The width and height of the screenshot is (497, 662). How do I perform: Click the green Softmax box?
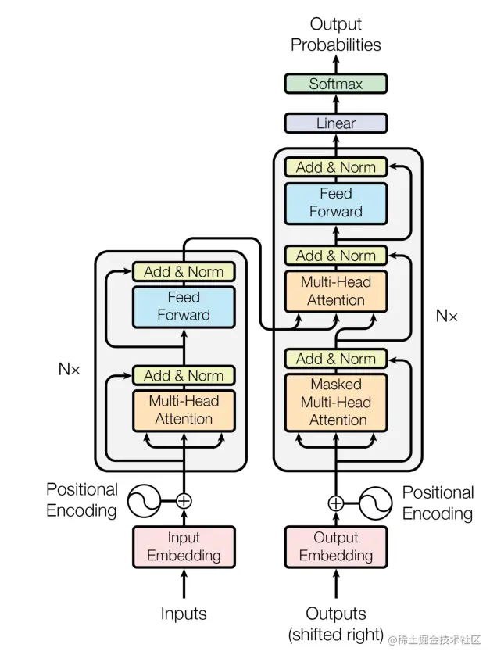pyautogui.click(x=335, y=84)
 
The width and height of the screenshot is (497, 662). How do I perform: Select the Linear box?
pyautogui.click(x=335, y=123)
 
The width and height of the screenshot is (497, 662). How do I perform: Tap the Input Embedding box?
pyautogui.click(x=184, y=547)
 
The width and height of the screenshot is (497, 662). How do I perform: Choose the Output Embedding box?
pyautogui.click(x=335, y=547)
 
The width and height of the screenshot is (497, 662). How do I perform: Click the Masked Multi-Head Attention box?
pyautogui.click(x=335, y=403)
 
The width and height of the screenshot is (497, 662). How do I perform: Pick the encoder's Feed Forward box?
pyautogui.click(x=184, y=306)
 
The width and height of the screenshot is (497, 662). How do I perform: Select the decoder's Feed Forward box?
pyautogui.click(x=335, y=202)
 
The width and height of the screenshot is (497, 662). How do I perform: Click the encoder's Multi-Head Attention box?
pyautogui.click(x=184, y=410)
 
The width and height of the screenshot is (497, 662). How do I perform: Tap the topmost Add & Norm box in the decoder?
pyautogui.click(x=335, y=167)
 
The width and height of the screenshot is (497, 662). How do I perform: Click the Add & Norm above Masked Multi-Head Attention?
pyautogui.click(x=335, y=359)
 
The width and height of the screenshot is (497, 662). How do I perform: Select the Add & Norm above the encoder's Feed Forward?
pyautogui.click(x=184, y=272)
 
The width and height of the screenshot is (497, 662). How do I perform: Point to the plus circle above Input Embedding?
pyautogui.click(x=184, y=501)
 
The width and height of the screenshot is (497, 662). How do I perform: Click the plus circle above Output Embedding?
pyautogui.click(x=335, y=503)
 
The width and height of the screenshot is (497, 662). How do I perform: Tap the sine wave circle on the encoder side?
pyautogui.click(x=144, y=501)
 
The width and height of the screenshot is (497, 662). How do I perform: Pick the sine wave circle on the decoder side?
pyautogui.click(x=375, y=503)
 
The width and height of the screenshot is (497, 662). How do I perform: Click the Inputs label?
pyautogui.click(x=184, y=614)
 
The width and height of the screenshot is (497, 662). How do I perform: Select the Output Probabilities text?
pyautogui.click(x=335, y=34)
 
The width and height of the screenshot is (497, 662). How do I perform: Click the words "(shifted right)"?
pyautogui.click(x=335, y=634)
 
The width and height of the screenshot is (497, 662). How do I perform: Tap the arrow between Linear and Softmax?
pyautogui.click(x=335, y=103)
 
